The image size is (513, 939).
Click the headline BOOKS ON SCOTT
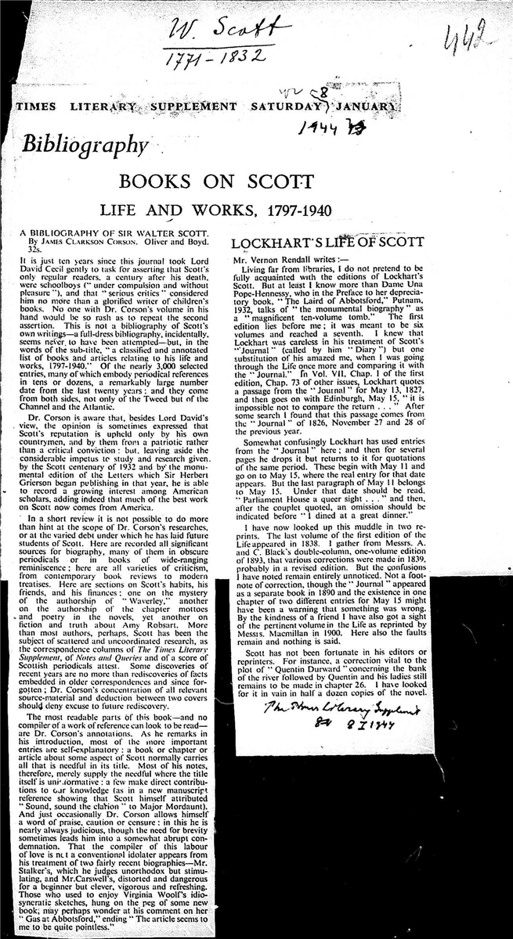pos(215,182)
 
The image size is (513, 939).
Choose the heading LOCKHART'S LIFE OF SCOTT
pos(333,243)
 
